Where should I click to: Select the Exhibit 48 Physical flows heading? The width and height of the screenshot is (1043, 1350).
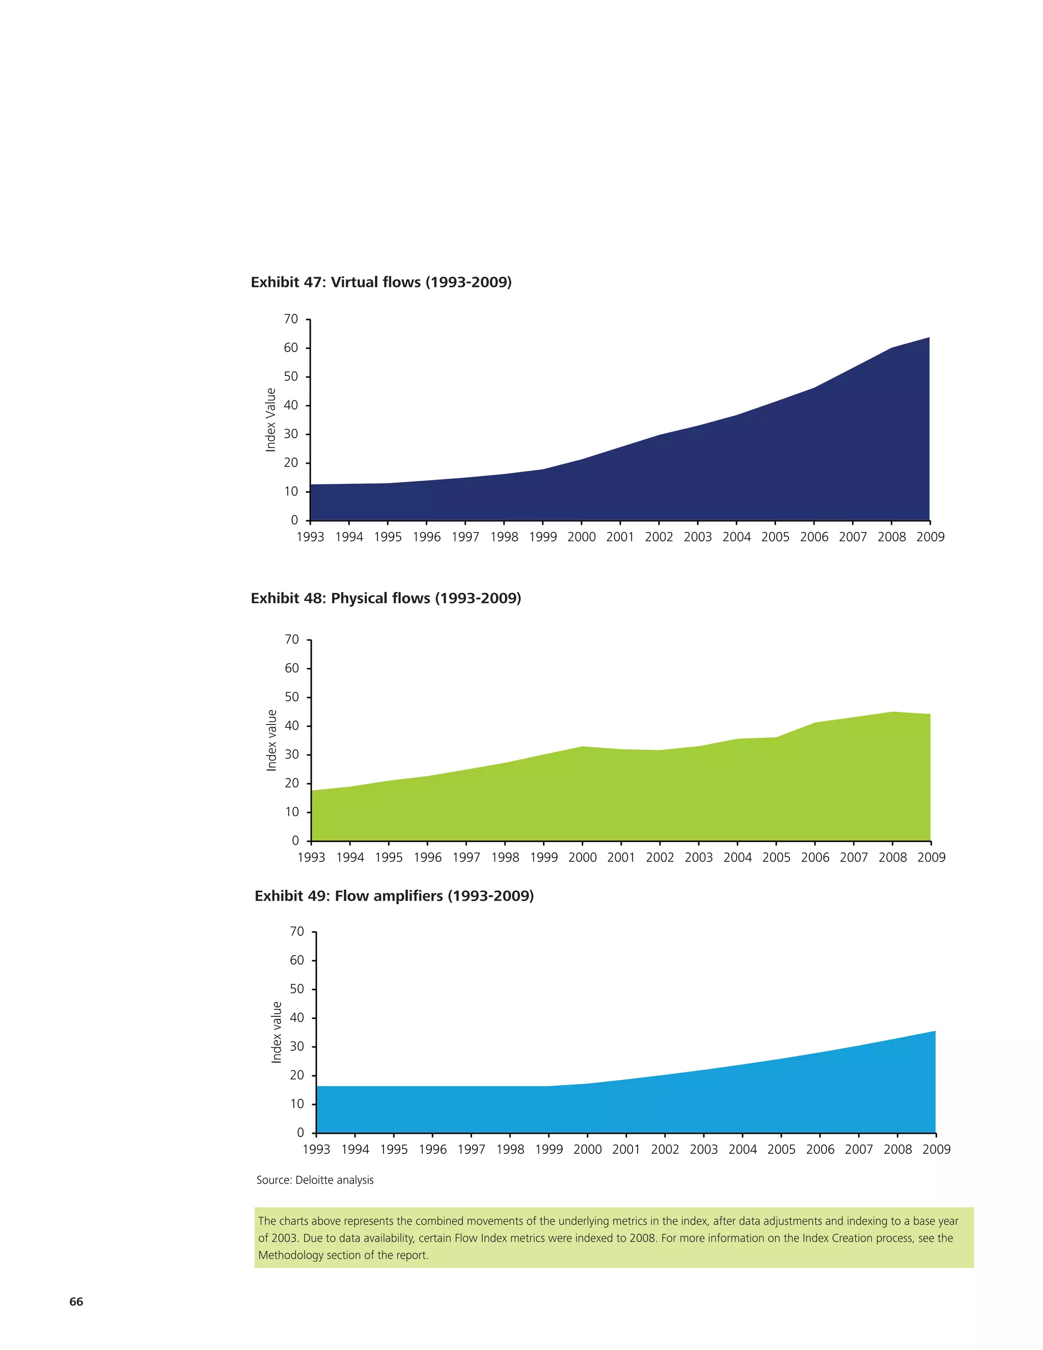click(x=386, y=599)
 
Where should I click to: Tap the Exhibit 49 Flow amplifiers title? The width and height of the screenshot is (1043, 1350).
click(x=394, y=896)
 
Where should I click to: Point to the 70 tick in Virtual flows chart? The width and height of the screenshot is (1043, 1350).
click(x=291, y=319)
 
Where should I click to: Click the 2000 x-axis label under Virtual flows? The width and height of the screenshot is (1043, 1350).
click(x=582, y=537)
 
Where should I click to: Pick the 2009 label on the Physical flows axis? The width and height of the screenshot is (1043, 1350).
click(x=931, y=857)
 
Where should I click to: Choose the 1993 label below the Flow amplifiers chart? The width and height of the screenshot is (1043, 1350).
click(x=316, y=1149)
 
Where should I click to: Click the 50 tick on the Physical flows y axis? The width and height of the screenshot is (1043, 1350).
click(x=292, y=697)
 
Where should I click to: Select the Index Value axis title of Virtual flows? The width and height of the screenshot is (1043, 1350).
click(x=270, y=420)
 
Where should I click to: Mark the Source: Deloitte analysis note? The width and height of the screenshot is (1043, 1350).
click(x=315, y=1180)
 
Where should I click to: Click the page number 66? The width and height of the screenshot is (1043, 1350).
click(x=76, y=1301)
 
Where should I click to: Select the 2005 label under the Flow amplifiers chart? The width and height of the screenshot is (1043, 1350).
click(x=781, y=1149)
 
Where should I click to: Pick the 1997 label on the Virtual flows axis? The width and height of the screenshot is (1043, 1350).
click(x=465, y=537)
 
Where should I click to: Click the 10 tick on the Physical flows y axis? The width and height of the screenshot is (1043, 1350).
click(x=292, y=812)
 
